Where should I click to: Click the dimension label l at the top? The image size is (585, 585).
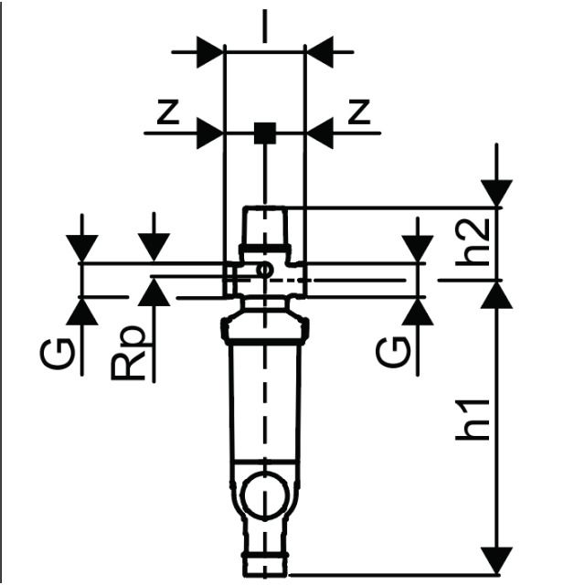point(264,28)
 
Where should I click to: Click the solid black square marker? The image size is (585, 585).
point(264,134)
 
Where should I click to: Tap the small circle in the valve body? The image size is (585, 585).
point(263,270)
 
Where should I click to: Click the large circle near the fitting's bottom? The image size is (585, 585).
point(264,495)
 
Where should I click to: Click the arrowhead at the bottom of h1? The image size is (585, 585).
point(497,558)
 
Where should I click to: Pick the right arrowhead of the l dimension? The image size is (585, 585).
point(319,52)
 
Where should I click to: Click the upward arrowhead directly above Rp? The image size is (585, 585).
point(154,292)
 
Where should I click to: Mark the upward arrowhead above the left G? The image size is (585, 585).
point(82,311)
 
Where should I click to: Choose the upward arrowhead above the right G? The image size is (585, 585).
point(418,311)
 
